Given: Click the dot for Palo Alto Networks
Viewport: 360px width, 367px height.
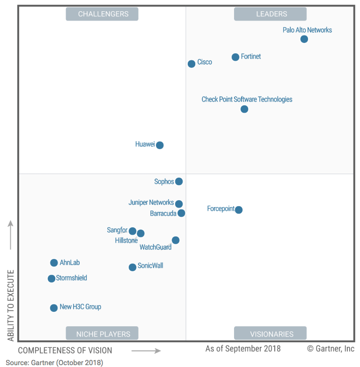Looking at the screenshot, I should pos(304,39).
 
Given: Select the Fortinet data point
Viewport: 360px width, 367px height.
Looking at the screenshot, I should pos(235,57).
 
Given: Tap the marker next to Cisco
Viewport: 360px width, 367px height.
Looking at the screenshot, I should pos(191,64).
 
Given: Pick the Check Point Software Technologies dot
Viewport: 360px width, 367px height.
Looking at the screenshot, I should pos(244,109).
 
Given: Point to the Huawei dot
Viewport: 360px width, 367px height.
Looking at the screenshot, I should pos(160,145).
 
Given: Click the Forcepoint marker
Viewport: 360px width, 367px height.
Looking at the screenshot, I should pos(239,209).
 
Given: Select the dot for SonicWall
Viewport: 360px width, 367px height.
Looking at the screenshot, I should pos(132,267).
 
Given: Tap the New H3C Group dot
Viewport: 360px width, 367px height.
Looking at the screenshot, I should pos(54,308).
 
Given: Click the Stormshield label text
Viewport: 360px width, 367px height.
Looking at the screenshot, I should pos(72,278).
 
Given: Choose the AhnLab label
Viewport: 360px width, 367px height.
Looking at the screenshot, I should pos(70,263).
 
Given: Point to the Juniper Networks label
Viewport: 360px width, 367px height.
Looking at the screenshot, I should pos(151,203).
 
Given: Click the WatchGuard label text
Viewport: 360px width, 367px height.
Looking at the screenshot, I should pos(155,247).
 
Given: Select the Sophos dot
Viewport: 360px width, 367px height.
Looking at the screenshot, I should pos(179,181).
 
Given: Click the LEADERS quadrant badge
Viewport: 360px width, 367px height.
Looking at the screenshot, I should pos(270,14).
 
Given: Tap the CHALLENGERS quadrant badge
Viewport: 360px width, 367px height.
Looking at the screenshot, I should pos(102,14).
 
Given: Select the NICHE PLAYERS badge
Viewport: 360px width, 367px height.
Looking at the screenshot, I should pos(102,334).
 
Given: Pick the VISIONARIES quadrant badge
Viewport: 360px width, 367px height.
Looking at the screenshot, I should pos(270,334).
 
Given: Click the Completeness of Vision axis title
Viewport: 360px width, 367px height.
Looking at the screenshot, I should pos(65,350).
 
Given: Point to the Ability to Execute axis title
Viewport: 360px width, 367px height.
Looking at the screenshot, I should pos(11,305).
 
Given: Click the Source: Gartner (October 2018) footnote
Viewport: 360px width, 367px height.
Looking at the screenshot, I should pos(54,362).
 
